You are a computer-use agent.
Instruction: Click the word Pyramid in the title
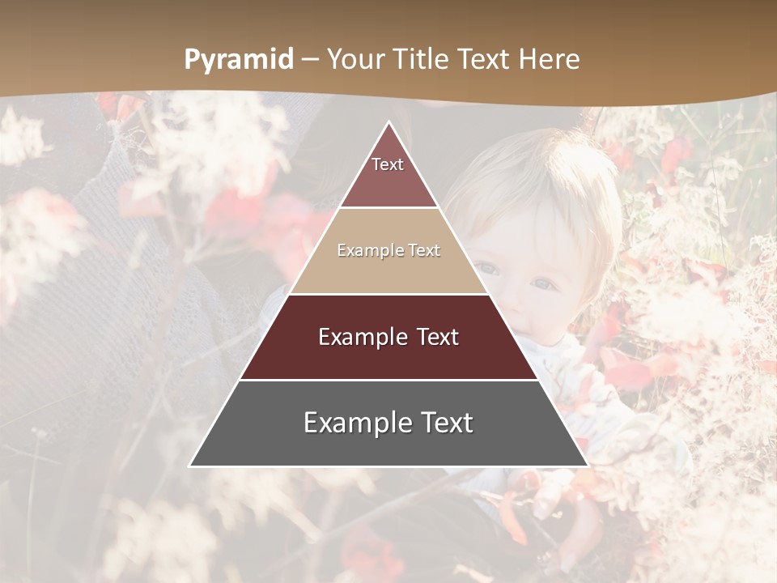[x=238, y=60]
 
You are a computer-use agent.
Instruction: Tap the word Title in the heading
[x=422, y=59]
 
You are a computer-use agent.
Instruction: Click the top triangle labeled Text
[x=388, y=174]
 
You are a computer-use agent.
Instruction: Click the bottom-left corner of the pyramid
[x=191, y=466]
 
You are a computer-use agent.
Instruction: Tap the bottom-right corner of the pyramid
[x=587, y=466]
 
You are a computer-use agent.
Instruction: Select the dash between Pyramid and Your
[x=310, y=60]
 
